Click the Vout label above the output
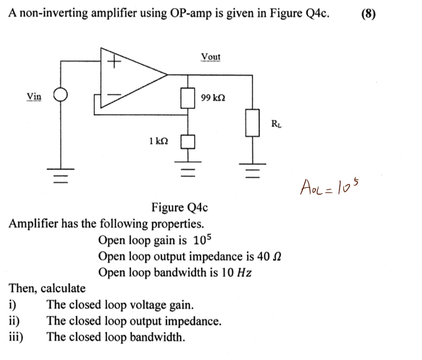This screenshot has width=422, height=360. (x=211, y=57)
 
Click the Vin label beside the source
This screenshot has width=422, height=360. (x=34, y=96)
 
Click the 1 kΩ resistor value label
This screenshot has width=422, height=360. (x=158, y=141)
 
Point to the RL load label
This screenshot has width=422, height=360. (x=276, y=124)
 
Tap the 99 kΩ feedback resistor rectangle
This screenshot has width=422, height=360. (x=188, y=98)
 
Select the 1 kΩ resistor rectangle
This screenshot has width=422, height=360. (x=188, y=141)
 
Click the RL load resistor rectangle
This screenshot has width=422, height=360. (x=253, y=123)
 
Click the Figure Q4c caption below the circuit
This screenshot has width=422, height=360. (x=179, y=208)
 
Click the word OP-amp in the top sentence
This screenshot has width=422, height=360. (x=190, y=13)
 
